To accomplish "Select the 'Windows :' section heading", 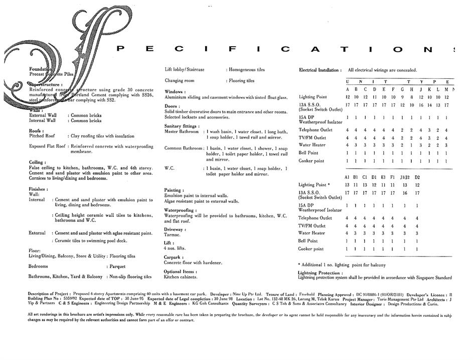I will pyautogui.click(x=175, y=92).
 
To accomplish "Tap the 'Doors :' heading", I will pyautogui.click(x=172, y=106).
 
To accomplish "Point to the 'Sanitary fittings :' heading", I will pyautogui.click(x=182, y=126).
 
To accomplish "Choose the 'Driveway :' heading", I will pyautogui.click(x=175, y=229).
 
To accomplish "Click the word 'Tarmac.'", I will pyautogui.click(x=172, y=235).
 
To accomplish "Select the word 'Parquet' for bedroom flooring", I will pyautogui.click(x=117, y=267).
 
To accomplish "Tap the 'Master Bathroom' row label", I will pyautogui.click(x=182, y=132).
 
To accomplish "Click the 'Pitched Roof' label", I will pyautogui.click(x=44, y=136).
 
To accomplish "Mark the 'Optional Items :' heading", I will pyautogui.click(x=179, y=272).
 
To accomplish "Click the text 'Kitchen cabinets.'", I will pyautogui.click(x=181, y=277).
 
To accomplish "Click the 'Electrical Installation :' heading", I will pyautogui.click(x=320, y=70).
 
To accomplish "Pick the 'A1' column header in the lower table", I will pyautogui.click(x=347, y=177).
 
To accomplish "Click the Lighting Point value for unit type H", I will pyautogui.click(x=412, y=97).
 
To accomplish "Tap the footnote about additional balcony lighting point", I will pyautogui.click(x=343, y=265).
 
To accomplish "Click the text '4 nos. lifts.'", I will pyautogui.click(x=176, y=249).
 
